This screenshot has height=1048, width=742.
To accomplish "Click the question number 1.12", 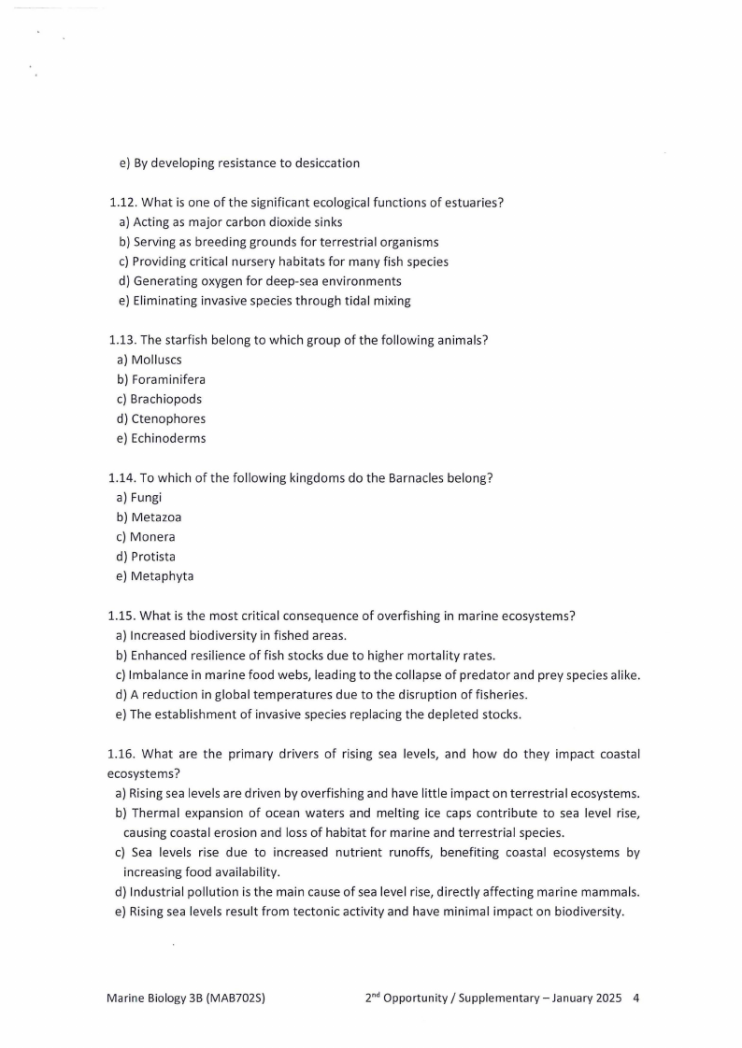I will [122, 203].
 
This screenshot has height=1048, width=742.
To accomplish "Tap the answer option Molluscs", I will [156, 360].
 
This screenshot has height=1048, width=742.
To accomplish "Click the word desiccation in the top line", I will [326, 163].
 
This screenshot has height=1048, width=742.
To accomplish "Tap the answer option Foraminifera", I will [167, 379].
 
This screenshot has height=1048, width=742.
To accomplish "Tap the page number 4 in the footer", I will [636, 998].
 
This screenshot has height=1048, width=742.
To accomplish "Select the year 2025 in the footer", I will [607, 998].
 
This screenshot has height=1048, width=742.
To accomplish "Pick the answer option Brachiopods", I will [165, 399].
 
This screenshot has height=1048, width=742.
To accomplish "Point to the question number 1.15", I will [121, 616].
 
